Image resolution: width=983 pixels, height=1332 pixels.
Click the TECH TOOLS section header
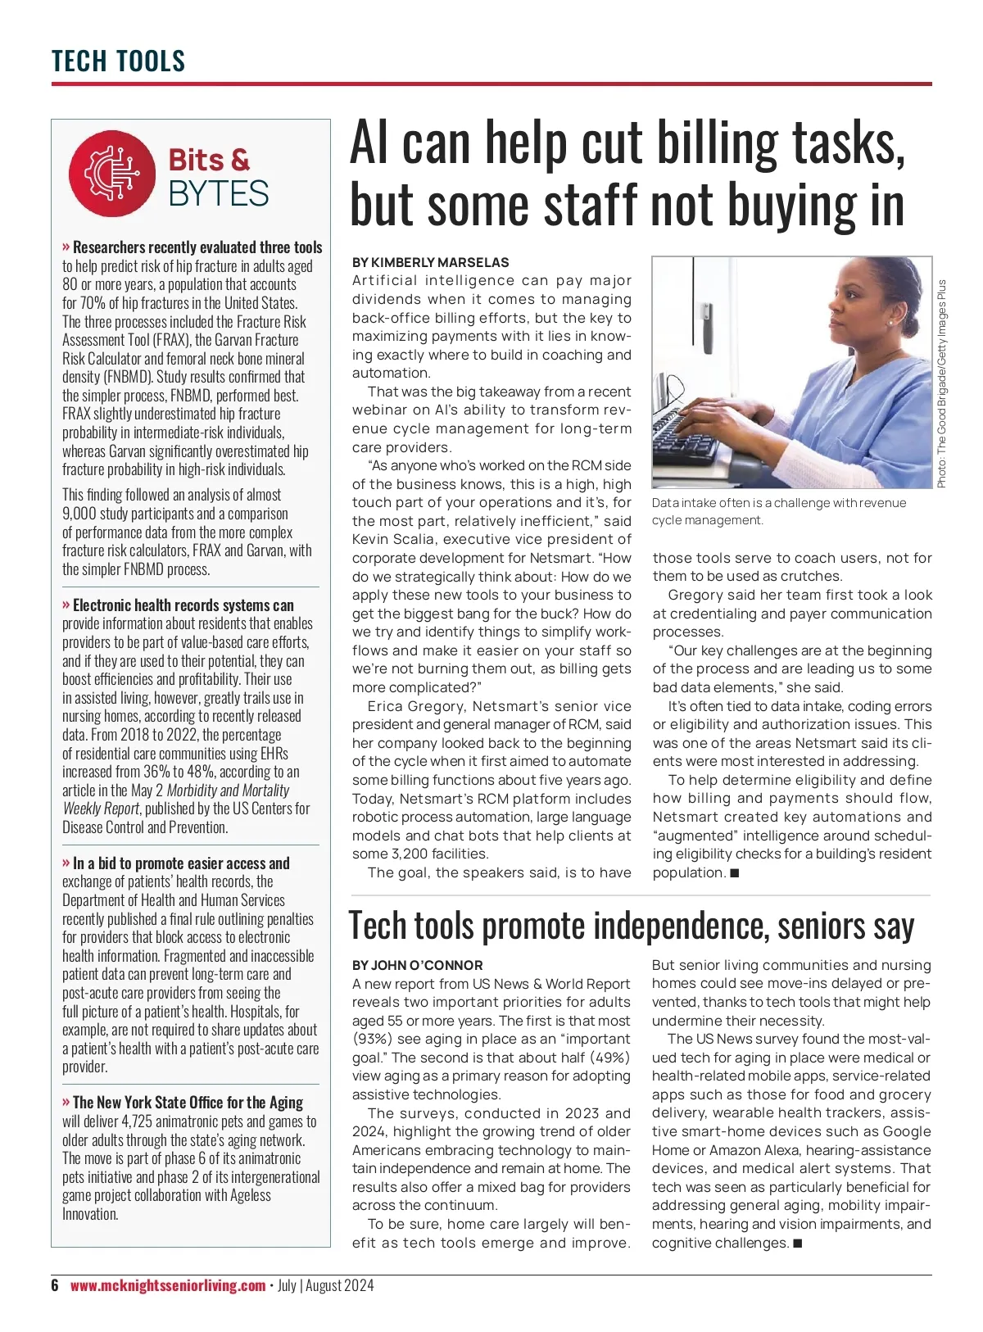point(118,61)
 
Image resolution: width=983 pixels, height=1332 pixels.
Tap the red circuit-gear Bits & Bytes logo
point(112,174)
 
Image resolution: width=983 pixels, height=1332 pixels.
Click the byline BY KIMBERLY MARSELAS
point(430,262)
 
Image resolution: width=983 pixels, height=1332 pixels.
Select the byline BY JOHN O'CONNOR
point(417,965)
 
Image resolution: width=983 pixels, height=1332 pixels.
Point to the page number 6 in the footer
point(55,1285)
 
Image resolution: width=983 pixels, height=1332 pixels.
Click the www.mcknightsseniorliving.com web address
point(168,1285)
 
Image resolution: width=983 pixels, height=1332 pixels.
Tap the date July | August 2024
point(325,1285)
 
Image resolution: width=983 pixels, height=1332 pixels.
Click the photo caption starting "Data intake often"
point(778,511)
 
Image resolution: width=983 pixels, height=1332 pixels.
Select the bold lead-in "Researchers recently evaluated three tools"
point(197,247)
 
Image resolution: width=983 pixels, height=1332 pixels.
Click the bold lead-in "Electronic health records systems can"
point(183,605)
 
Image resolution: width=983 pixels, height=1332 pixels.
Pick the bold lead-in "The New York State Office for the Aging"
point(188,1103)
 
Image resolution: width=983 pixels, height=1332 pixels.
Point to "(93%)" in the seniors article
point(372,1039)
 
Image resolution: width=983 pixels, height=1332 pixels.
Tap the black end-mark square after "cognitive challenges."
point(798,1244)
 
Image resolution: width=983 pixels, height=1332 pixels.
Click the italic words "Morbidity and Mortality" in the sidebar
point(228,791)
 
